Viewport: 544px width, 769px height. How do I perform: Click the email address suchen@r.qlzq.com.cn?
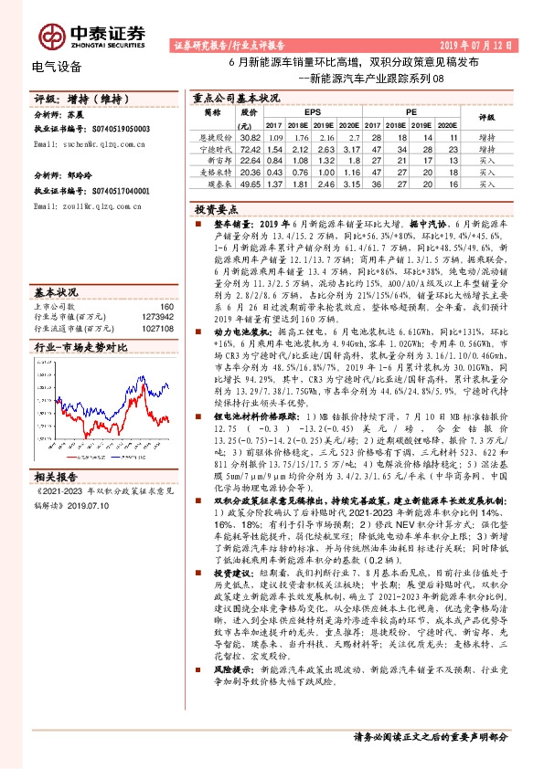(94, 143)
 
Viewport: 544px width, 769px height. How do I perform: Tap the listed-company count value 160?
(166, 306)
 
